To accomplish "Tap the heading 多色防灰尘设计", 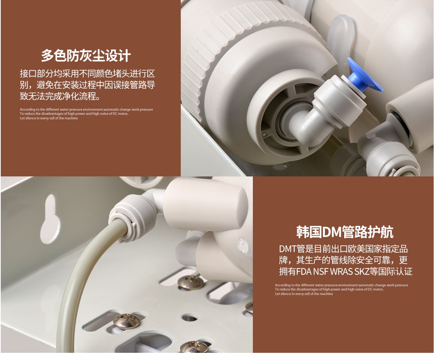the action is click(x=86, y=56).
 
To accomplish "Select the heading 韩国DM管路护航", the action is click(x=345, y=232).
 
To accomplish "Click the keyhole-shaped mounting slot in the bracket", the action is click(x=50, y=219).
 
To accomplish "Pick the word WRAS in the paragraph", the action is click(x=342, y=271).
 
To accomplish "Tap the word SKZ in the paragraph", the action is click(x=362, y=271).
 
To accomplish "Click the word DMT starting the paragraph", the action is click(x=288, y=249).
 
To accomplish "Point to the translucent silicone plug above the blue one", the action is click(x=341, y=36).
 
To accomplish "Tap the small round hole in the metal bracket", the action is click(x=190, y=317).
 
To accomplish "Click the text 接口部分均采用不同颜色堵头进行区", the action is click(x=88, y=74).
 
